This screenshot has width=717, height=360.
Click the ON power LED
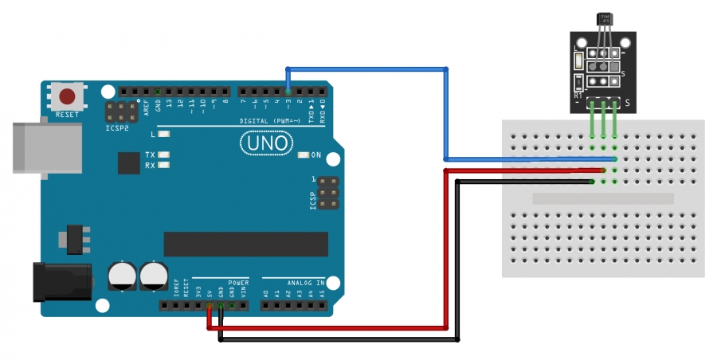[303, 155]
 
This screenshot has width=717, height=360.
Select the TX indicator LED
[165, 155]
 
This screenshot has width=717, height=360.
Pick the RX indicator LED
[165, 166]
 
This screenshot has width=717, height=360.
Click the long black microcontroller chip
[245, 244]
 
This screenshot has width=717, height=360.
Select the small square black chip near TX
[128, 162]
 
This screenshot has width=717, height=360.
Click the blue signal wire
[446, 112]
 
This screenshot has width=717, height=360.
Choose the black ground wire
[457, 263]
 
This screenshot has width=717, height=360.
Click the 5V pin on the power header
[210, 306]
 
